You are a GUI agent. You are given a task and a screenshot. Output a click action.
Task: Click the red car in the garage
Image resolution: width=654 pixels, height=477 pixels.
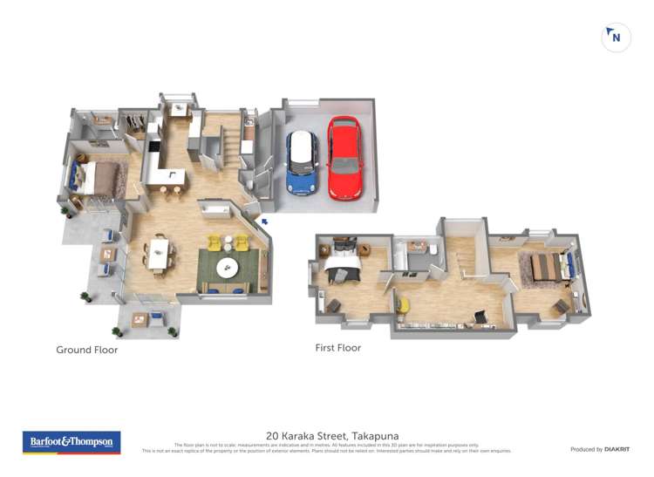[344, 159]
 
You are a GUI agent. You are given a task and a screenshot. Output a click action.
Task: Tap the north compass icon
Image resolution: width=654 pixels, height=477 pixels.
[617, 37]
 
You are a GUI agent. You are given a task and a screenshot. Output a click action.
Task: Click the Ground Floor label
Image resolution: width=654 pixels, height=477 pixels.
[86, 350]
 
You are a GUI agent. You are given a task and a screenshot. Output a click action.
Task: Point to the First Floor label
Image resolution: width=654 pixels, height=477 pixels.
[337, 347]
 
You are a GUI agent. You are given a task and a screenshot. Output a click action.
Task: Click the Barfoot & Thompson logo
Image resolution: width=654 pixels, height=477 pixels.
[72, 442]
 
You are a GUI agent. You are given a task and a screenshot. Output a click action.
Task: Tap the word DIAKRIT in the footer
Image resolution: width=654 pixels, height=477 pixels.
[617, 449]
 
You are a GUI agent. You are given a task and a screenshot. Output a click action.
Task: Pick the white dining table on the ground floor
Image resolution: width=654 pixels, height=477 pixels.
[158, 254]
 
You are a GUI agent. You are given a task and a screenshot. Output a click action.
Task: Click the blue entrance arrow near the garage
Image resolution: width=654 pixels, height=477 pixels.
[264, 222]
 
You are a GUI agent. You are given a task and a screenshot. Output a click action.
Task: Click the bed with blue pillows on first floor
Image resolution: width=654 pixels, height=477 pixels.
[548, 266]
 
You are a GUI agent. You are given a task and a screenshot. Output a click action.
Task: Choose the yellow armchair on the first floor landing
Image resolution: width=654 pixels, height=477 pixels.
[404, 304]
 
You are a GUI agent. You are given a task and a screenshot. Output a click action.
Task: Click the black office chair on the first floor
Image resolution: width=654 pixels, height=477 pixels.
[480, 317]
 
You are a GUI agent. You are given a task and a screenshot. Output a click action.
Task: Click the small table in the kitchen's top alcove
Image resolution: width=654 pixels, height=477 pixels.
[179, 110]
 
